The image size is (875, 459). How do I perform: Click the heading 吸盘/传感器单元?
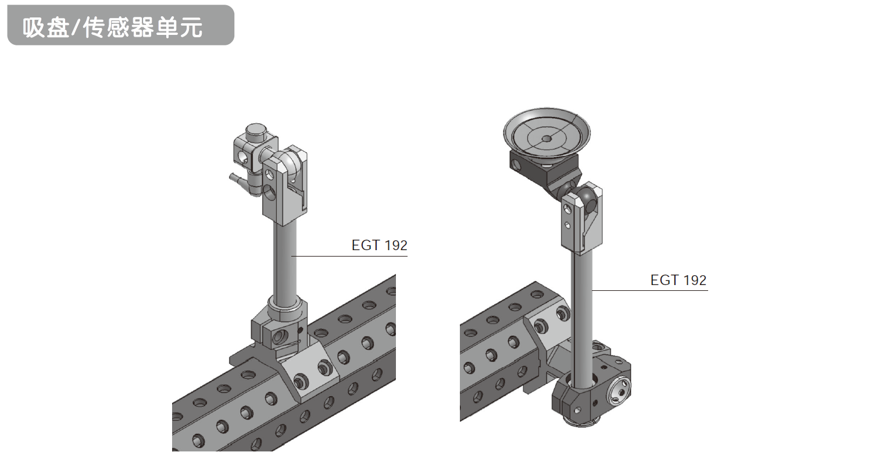tap(113, 27)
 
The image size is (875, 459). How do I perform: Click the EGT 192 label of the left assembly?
tap(379, 245)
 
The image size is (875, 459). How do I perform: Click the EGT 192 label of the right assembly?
tap(678, 280)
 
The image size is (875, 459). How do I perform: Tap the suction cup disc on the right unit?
tap(547, 134)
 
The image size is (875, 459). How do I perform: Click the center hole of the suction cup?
tap(547, 138)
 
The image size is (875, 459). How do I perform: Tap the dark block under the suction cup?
tap(544, 169)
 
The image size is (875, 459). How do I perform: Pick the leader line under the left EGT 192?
tap(349, 256)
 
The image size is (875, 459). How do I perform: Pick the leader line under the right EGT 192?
tap(650, 290)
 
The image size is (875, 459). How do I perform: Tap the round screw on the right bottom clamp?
tap(619, 392)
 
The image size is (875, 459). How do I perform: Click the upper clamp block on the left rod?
tap(284, 188)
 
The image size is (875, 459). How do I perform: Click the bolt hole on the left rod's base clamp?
tap(280, 337)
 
